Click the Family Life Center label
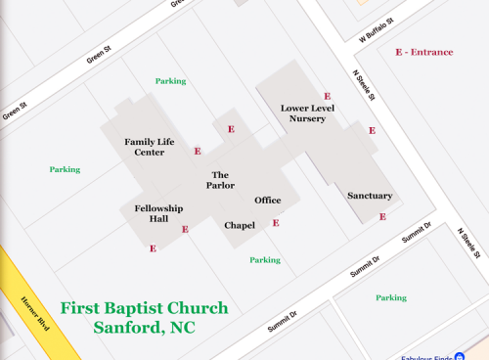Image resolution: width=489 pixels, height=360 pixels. (149, 147)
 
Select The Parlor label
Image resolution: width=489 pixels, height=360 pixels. (220, 180)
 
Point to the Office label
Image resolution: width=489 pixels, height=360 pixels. (268, 201)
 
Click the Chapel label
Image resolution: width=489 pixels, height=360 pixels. (240, 226)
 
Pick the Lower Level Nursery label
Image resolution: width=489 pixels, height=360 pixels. (307, 112)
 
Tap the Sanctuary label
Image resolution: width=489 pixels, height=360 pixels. (370, 196)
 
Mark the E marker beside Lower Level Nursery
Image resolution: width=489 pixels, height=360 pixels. (327, 96)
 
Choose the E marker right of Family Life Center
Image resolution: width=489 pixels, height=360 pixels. (198, 152)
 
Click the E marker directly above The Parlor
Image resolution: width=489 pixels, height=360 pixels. (231, 129)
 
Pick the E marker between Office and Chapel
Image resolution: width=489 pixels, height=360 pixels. (276, 223)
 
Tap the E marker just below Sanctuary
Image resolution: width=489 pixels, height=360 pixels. (382, 217)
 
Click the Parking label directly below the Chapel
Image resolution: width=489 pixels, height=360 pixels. (264, 260)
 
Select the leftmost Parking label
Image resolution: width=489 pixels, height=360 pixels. (65, 169)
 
